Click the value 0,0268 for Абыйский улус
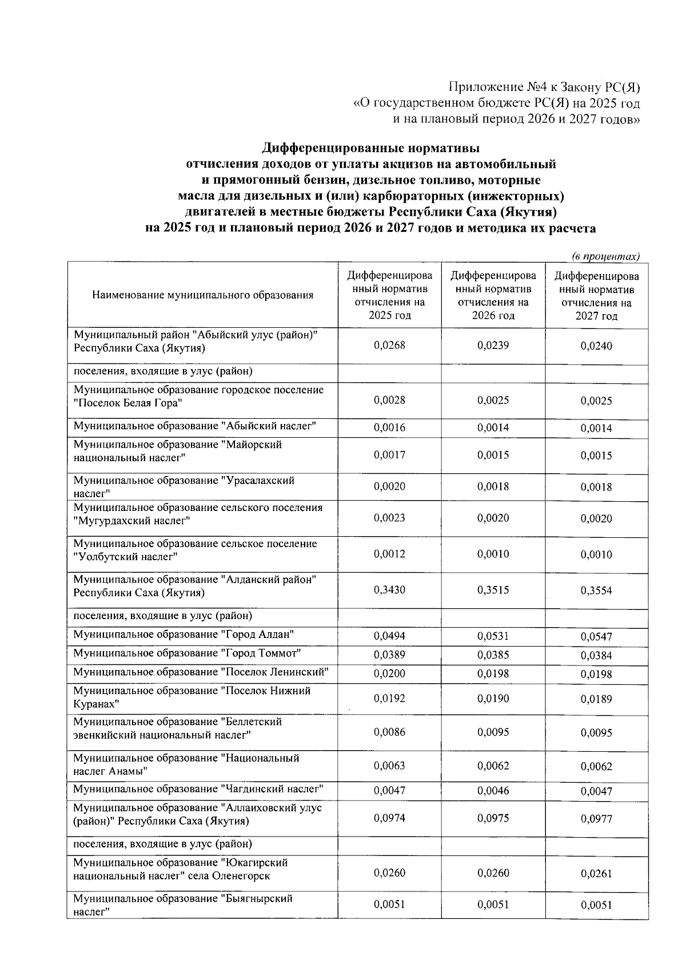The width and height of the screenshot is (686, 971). (x=389, y=345)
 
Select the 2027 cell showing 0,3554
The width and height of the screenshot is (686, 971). (x=596, y=590)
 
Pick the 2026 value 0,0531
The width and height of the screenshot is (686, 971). (x=493, y=636)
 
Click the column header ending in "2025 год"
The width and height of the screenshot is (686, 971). (x=389, y=295)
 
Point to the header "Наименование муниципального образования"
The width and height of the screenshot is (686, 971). (x=202, y=295)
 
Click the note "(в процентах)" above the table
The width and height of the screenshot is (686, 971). (x=605, y=256)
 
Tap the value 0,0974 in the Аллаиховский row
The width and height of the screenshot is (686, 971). (x=389, y=818)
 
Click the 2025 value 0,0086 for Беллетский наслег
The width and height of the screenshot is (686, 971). (x=389, y=732)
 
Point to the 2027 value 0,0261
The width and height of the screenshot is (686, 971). (x=596, y=873)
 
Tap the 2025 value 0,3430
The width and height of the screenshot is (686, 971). (x=389, y=590)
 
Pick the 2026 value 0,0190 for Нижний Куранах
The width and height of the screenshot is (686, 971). (x=493, y=698)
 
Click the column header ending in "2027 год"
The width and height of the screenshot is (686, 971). (x=596, y=295)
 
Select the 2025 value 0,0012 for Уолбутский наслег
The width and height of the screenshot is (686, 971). (x=389, y=554)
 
